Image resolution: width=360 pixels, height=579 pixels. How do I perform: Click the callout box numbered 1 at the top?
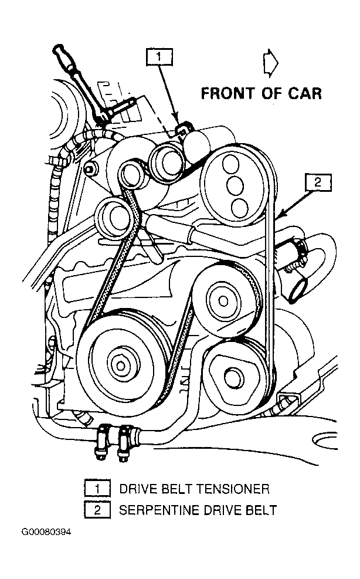point(161,57)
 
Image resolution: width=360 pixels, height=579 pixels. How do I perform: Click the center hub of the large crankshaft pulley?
point(121,365)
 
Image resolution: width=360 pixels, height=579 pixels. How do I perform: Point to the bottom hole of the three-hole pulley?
point(239,206)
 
